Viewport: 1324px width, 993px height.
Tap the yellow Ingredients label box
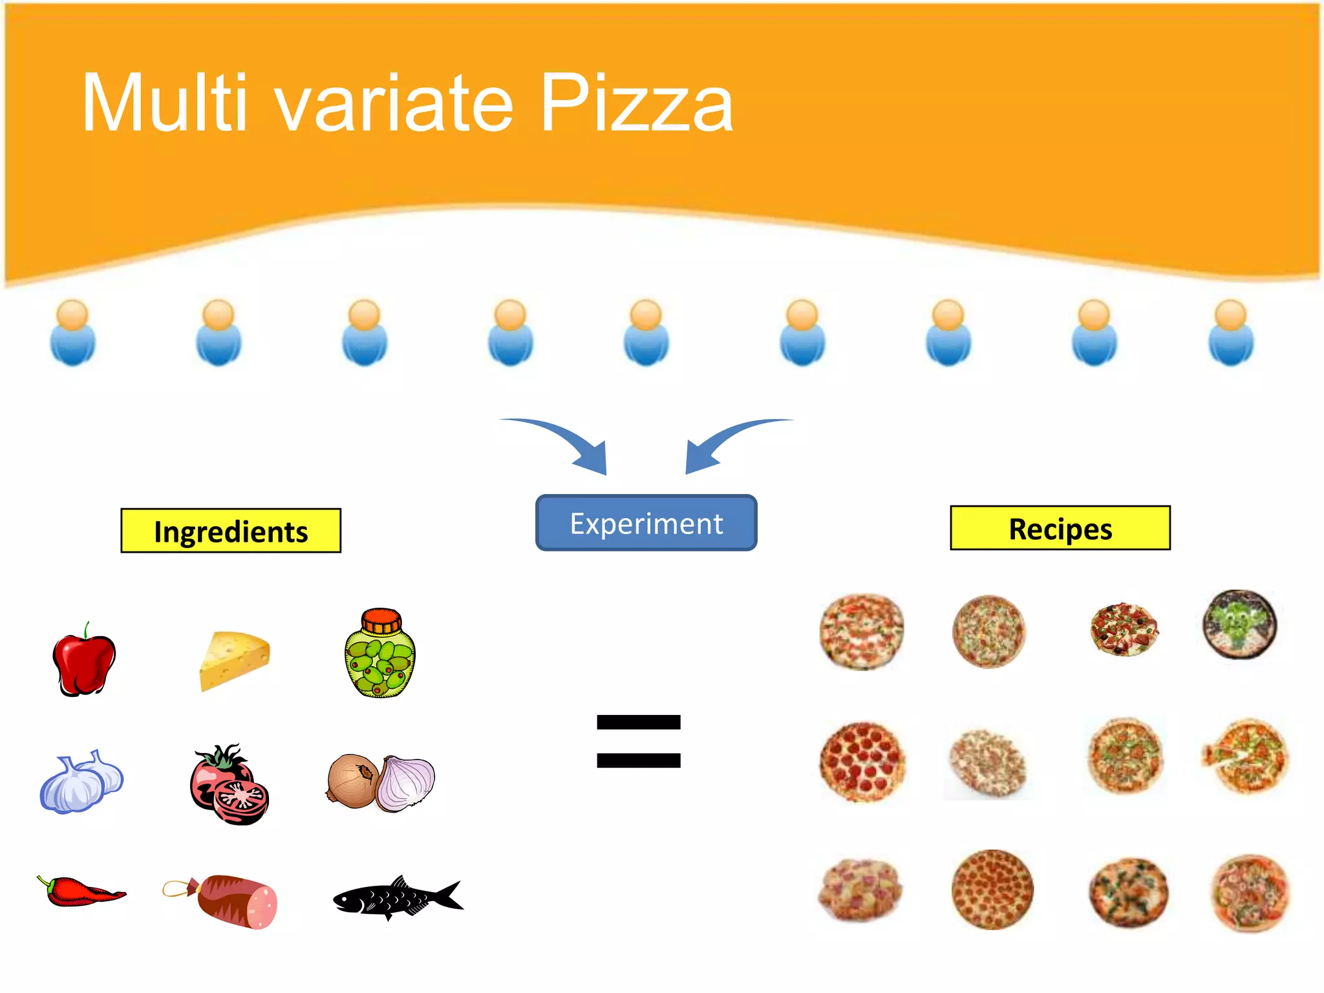pos(231,531)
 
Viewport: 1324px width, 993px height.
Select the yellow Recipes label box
pos(1060,528)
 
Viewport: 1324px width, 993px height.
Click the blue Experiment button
pos(646,523)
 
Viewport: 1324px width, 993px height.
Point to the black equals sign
pos(639,741)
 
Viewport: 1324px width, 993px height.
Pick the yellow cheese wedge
pos(233,660)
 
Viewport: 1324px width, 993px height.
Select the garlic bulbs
pos(81,782)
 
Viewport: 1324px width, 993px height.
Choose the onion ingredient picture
pos(381,783)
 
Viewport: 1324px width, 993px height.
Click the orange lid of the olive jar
pos(381,621)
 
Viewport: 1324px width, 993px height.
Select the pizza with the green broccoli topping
pos(1239,624)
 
